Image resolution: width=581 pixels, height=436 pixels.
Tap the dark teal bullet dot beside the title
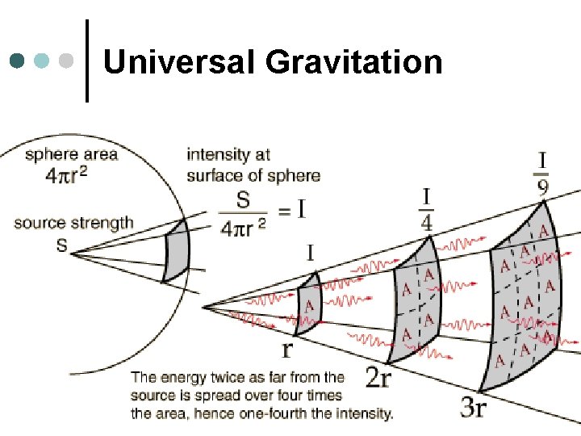18,61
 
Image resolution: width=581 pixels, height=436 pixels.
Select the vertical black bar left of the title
86,61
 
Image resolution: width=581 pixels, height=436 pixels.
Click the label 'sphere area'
71,154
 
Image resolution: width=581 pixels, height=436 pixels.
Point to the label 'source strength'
73,224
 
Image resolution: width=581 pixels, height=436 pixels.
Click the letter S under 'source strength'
61,245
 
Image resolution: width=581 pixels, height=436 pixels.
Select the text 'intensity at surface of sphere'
253,164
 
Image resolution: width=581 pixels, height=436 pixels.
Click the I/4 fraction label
427,209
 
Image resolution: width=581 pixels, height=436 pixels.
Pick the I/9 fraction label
542,173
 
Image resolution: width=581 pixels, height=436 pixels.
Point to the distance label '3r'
473,408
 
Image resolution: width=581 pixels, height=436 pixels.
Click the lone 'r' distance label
286,350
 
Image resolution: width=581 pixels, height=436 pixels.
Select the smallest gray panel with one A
308,304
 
